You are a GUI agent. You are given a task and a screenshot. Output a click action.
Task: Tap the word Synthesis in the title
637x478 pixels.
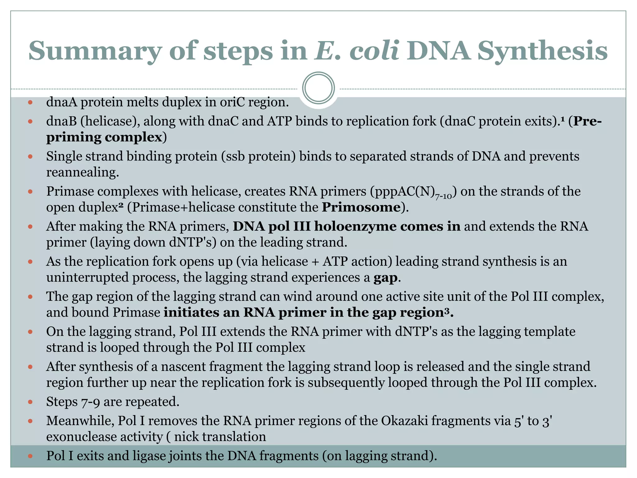(542, 51)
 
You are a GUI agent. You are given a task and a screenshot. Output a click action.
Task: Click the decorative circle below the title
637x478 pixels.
(318, 88)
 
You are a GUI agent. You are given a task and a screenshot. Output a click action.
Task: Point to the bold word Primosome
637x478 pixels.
(361, 207)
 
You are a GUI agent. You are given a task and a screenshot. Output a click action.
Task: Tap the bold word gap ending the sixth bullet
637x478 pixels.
(385, 278)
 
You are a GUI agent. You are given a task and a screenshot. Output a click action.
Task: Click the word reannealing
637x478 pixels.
(82, 172)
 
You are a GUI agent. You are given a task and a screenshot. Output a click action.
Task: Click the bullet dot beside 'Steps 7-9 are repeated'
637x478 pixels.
(30, 402)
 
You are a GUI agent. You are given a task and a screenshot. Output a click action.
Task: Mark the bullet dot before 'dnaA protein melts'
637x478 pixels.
(30, 102)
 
